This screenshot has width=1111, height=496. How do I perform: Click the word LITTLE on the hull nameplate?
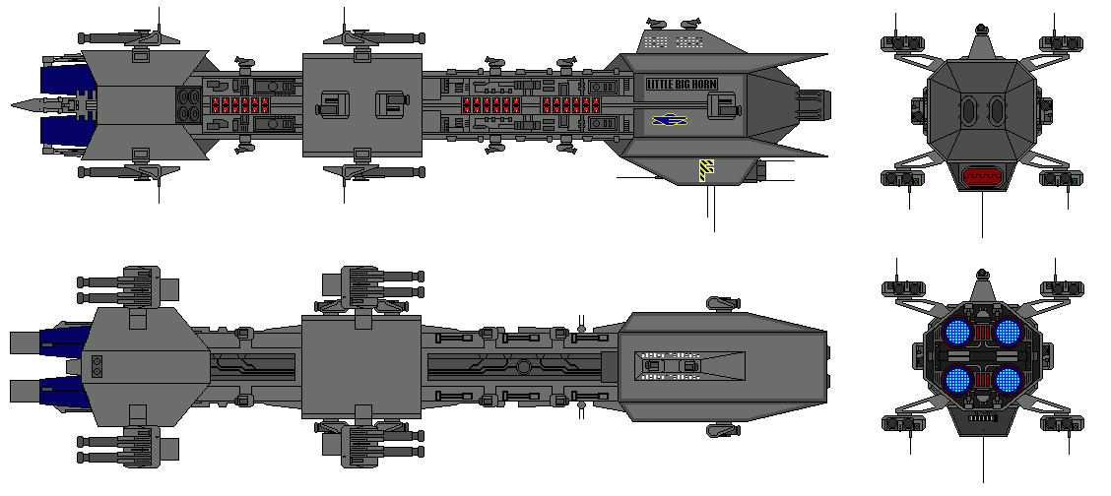(x=662, y=85)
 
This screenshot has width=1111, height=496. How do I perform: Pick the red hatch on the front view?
(x=982, y=176)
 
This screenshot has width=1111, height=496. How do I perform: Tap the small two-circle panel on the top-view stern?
(x=98, y=366)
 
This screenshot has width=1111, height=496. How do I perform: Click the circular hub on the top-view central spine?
(x=524, y=367)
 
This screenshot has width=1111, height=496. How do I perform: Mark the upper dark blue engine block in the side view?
(x=61, y=80)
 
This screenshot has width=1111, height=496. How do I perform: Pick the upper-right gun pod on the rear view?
(x=1061, y=288)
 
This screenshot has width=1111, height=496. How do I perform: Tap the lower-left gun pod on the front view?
(x=901, y=179)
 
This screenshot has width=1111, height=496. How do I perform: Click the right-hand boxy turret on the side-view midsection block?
(x=391, y=103)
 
